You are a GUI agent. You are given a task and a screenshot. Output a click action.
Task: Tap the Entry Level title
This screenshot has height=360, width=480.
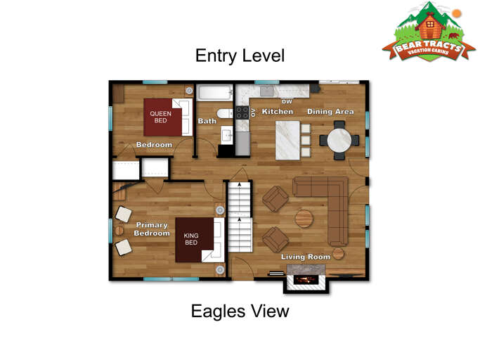[240, 56]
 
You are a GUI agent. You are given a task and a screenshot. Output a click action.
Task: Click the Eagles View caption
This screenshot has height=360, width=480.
[240, 311]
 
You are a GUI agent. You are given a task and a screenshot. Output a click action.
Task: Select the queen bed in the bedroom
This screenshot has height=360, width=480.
[167, 117]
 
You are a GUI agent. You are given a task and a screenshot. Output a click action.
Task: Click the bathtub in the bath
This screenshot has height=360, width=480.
[214, 93]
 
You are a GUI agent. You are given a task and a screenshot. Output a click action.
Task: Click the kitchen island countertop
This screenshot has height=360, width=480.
[286, 139]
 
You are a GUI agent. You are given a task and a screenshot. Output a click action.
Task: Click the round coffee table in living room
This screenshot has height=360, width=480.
[304, 218]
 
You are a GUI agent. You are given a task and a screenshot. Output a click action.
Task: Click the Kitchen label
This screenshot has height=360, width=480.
[277, 112]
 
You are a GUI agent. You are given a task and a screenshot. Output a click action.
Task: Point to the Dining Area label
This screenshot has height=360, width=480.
[330, 112]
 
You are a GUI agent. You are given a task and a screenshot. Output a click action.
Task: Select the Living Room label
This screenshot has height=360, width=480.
[305, 257]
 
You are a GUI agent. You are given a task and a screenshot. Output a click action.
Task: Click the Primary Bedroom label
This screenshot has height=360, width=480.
[152, 229]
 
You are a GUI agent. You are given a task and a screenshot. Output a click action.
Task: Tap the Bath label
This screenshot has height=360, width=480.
[207, 121]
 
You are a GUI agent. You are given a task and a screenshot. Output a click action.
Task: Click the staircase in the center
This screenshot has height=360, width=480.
[240, 216]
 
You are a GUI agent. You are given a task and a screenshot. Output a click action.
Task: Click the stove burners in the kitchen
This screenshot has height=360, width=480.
[242, 113]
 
